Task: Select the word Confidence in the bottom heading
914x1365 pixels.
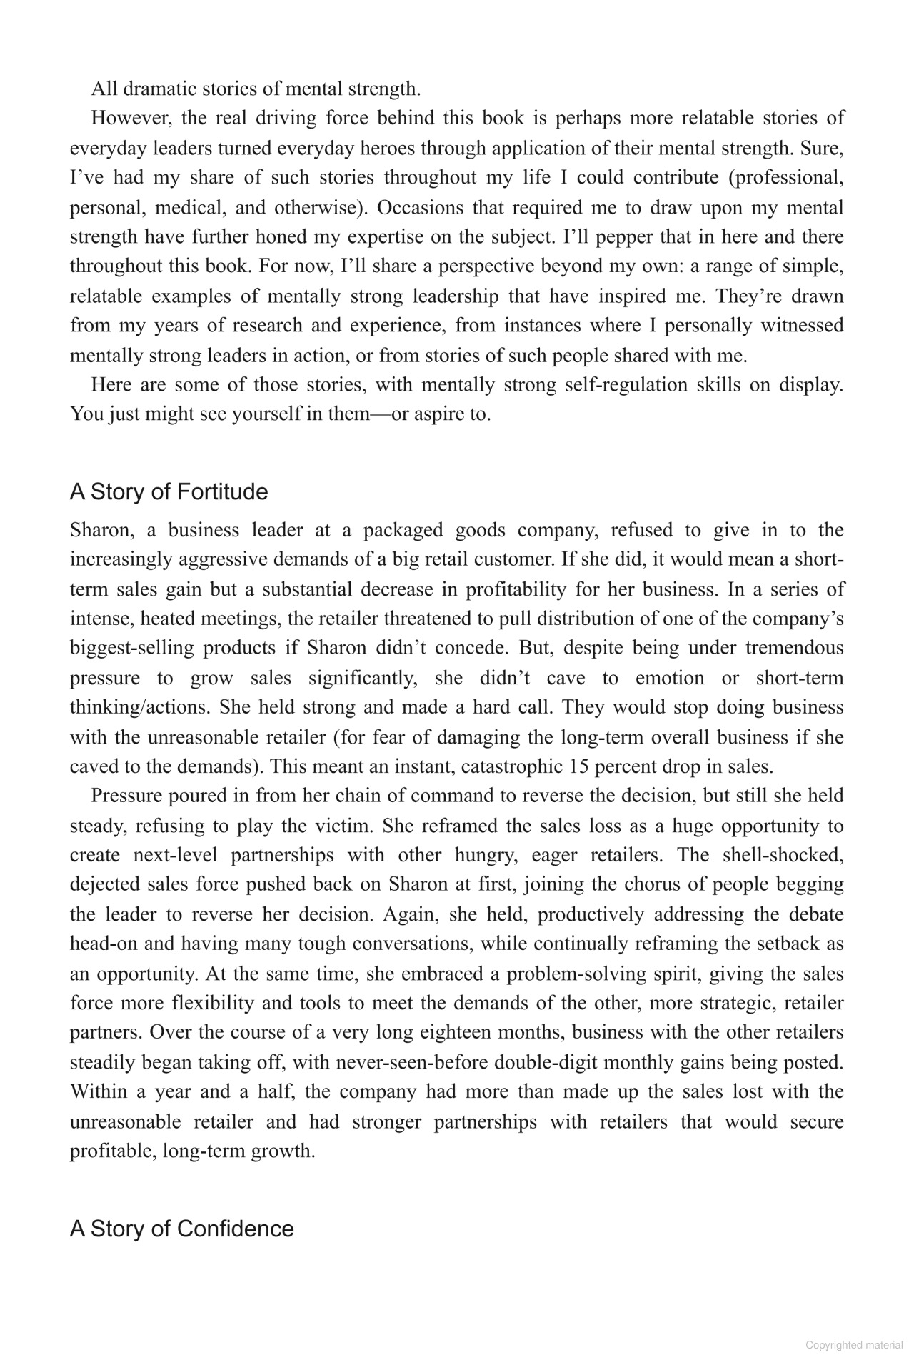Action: (x=235, y=1229)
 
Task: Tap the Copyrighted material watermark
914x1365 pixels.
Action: (x=854, y=1345)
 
